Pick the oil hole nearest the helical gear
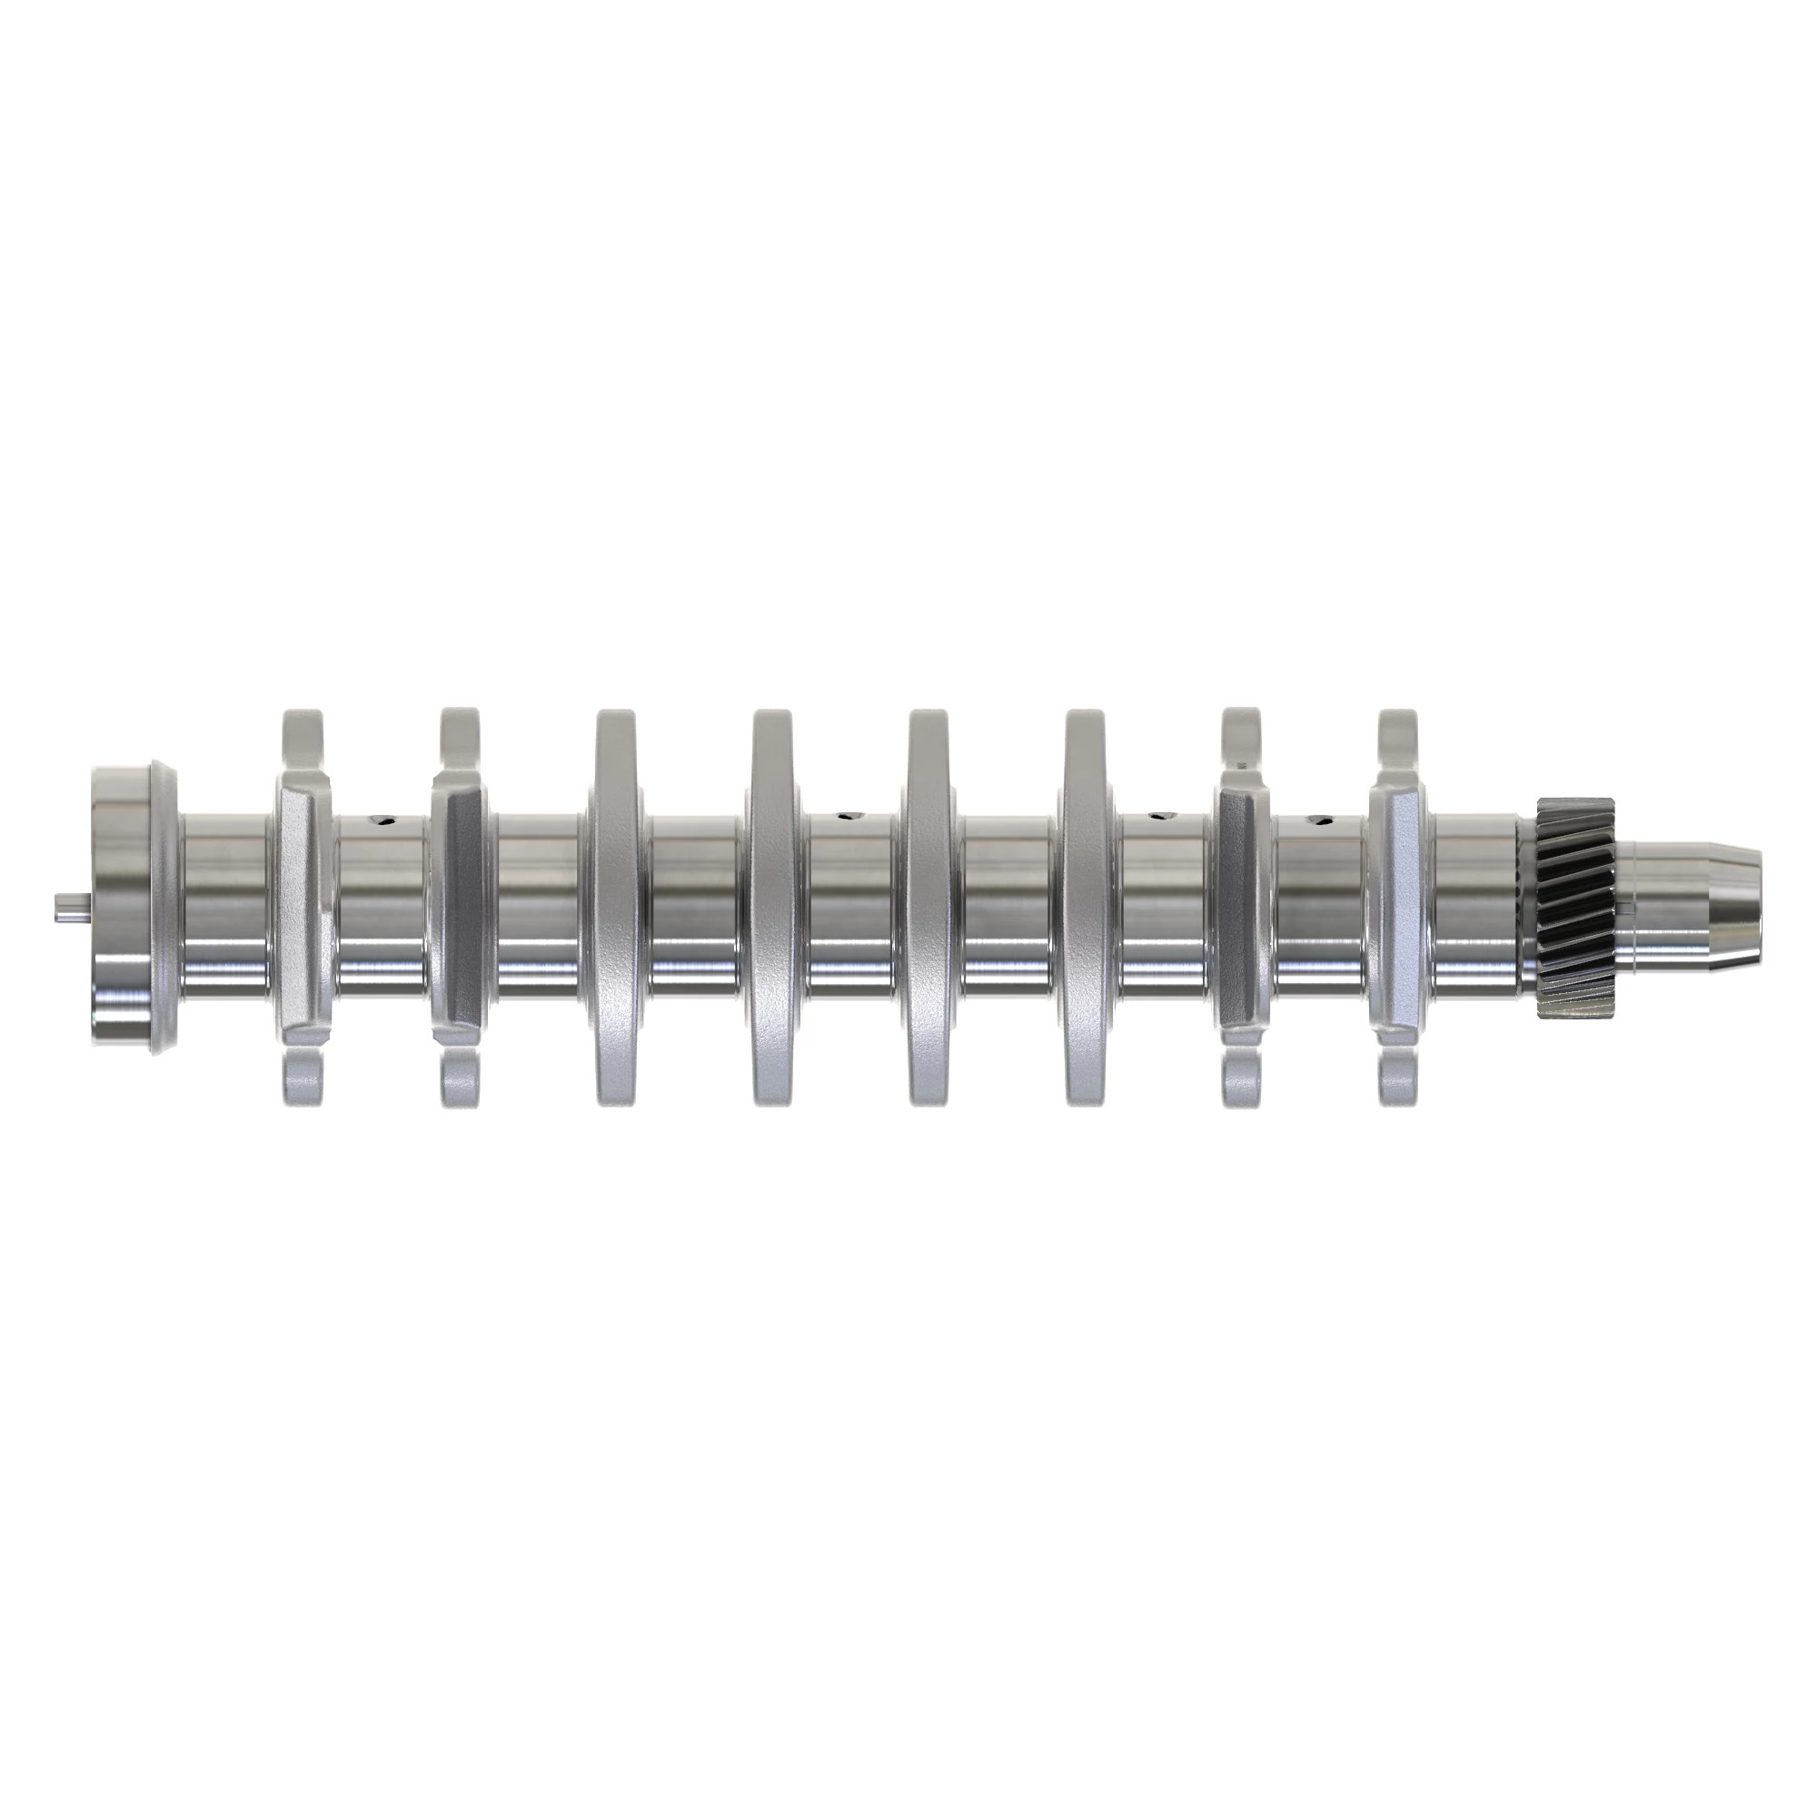point(1321,820)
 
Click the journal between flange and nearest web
point(225,907)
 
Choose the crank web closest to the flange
point(303,907)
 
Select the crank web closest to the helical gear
point(1398,907)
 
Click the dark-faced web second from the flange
point(460,907)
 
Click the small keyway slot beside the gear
point(1623,907)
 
